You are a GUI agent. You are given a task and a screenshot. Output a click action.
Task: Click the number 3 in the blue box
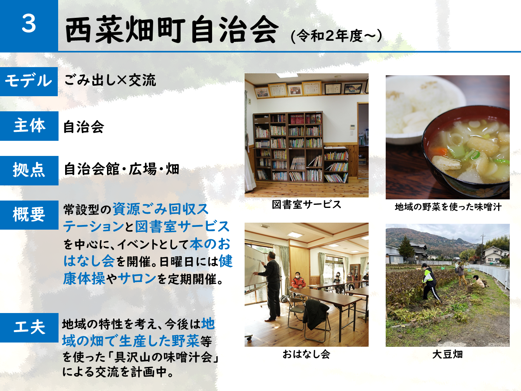(x=29, y=24)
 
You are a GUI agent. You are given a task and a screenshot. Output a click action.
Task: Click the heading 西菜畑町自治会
(x=172, y=29)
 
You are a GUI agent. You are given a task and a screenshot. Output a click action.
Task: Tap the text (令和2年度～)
(x=336, y=36)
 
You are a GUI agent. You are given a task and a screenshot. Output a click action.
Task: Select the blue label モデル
(x=28, y=81)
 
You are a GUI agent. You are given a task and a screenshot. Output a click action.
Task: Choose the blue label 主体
(x=29, y=125)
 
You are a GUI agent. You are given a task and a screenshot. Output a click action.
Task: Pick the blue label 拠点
(x=29, y=170)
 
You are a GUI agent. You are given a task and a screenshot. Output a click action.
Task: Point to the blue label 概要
(x=29, y=215)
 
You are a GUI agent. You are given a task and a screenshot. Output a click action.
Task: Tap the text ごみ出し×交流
(x=110, y=80)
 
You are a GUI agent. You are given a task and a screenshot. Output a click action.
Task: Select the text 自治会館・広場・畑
(x=121, y=169)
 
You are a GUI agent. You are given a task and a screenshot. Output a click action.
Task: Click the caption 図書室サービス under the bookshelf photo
(x=306, y=205)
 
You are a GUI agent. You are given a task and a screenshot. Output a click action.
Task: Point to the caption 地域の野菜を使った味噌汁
(x=448, y=207)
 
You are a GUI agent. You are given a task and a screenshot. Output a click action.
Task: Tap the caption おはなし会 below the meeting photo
(x=306, y=354)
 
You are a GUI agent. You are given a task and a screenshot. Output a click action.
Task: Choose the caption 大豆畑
(x=447, y=355)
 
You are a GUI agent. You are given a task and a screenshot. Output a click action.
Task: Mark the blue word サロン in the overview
(x=137, y=278)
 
